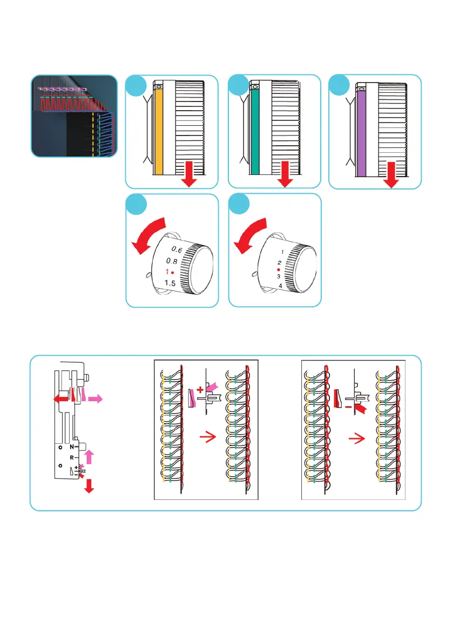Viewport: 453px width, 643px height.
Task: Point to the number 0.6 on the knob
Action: [x=177, y=249]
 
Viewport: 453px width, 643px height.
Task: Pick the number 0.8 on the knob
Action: [x=172, y=261]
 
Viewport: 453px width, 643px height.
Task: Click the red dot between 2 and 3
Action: [x=279, y=269]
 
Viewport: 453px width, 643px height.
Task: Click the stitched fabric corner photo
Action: [x=73, y=116]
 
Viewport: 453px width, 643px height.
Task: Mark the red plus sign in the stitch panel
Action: [x=200, y=389]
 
